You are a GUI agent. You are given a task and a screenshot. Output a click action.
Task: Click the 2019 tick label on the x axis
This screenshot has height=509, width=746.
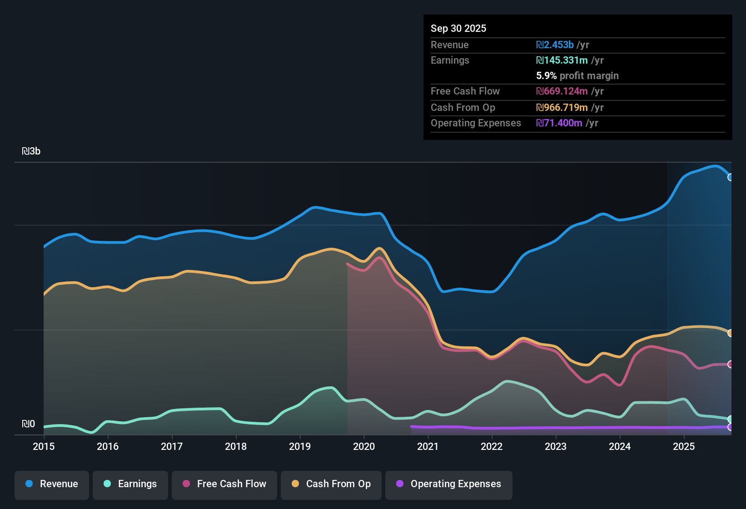[300, 446]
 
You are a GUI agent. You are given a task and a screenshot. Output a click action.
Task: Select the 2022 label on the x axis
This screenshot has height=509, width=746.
[492, 446]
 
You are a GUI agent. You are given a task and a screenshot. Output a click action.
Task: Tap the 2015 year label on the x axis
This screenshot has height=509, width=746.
[44, 446]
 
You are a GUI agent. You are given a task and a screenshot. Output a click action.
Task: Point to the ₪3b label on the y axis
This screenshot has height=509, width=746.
[31, 151]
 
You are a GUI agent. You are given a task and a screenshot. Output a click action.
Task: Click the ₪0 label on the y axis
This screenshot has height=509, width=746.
[28, 424]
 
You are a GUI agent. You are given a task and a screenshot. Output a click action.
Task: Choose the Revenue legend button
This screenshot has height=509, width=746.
[52, 484]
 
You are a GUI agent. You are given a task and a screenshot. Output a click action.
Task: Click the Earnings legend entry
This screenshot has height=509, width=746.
[130, 484]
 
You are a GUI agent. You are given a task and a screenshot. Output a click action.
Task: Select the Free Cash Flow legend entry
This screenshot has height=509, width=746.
[224, 484]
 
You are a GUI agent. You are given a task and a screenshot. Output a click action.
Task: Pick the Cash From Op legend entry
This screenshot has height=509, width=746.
[331, 484]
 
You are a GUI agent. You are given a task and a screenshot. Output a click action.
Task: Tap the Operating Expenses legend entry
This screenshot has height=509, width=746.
[449, 484]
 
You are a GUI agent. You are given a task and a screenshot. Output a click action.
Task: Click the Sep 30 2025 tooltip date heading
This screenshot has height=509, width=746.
[458, 28]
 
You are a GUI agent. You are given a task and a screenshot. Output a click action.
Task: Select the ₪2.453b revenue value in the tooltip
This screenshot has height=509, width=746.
[555, 45]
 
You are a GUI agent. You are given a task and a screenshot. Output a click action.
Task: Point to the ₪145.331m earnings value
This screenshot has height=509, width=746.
[562, 60]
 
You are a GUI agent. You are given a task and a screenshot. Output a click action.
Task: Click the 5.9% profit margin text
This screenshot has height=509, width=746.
[577, 75]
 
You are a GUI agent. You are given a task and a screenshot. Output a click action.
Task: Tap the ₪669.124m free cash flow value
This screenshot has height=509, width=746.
[562, 91]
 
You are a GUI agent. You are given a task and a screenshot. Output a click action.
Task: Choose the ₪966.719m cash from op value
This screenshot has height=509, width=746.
[562, 107]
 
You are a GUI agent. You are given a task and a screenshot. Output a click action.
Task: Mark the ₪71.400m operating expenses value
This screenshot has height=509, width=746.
[559, 123]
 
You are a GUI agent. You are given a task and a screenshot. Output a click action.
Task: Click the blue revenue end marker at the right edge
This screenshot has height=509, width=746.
[730, 177]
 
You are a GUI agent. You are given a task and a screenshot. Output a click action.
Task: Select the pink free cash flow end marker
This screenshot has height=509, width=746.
[730, 364]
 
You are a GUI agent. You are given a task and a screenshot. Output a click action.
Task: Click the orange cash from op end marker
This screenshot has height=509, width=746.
[730, 333]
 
